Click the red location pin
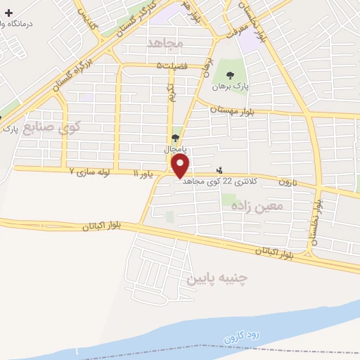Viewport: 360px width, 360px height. (x=181, y=167)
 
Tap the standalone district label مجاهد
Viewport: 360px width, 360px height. (x=166, y=44)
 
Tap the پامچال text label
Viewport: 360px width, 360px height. (x=174, y=149)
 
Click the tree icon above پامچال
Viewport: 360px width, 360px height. (x=174, y=139)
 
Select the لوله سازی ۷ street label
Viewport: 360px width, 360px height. (x=91, y=172)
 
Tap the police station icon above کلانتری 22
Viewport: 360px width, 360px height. (x=220, y=169)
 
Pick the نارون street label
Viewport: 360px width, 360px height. (x=288, y=181)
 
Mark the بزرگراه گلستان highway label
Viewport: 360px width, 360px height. (x=72, y=75)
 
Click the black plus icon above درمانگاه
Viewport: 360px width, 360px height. (x=8, y=13)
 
